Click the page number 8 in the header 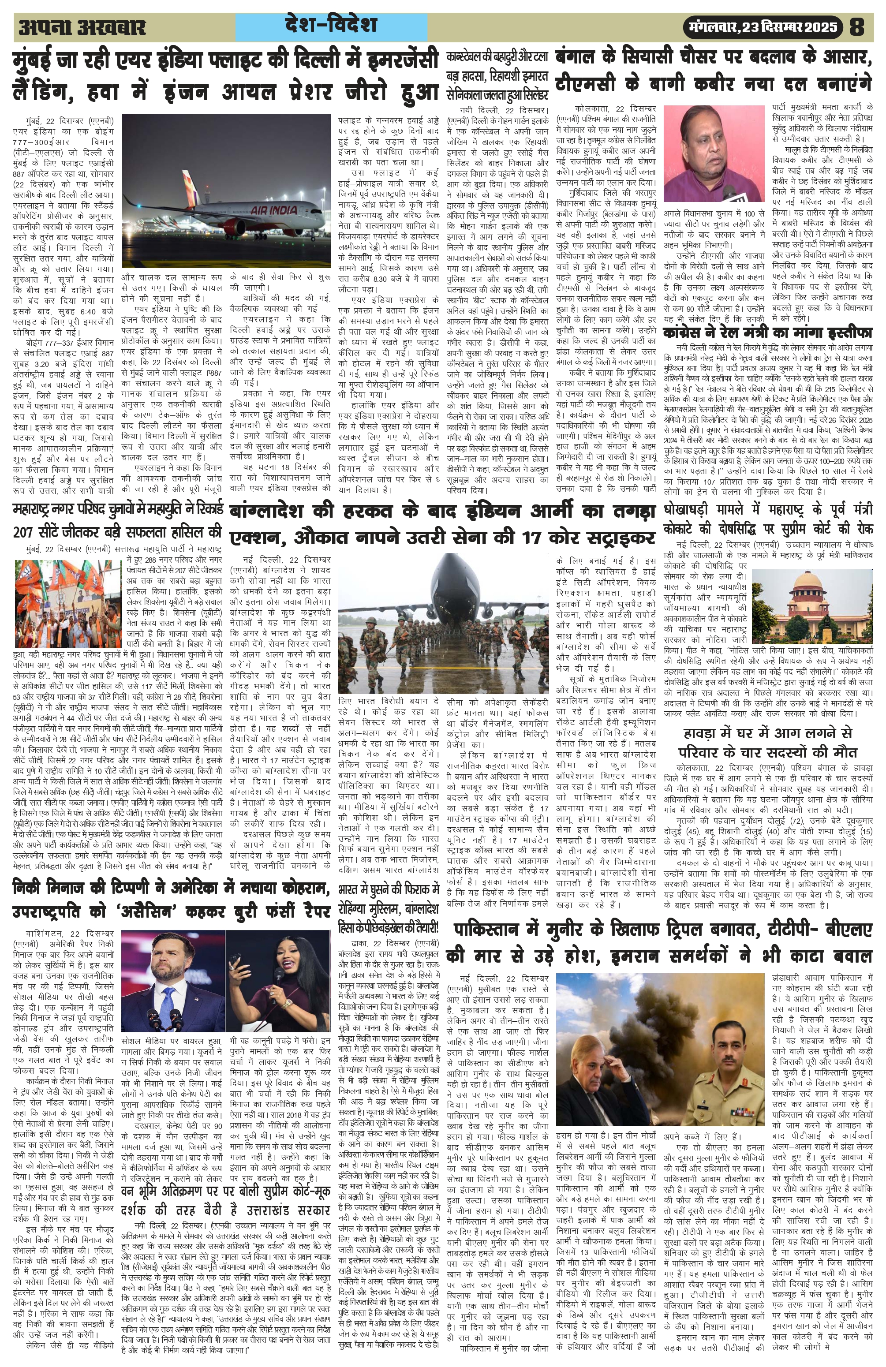pyautogui.click(x=857, y=27)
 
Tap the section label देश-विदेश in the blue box pyautogui.click(x=330, y=25)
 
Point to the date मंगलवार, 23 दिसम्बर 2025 pyautogui.click(x=763, y=27)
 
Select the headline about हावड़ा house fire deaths pyautogui.click(x=768, y=743)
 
